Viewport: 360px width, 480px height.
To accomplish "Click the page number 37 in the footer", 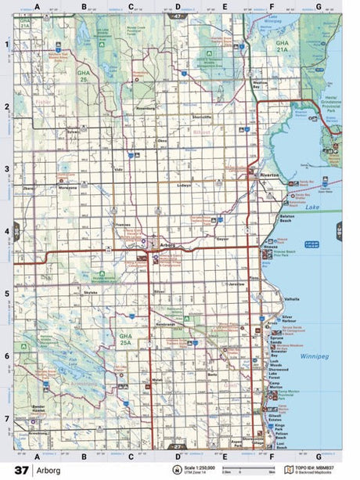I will pos(20,470).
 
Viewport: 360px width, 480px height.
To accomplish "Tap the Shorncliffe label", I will pos(201,117).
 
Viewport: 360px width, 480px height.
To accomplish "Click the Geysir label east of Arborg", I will pos(221,240).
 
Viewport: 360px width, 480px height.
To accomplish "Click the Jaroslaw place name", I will pos(236,283).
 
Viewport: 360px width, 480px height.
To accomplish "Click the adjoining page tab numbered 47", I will pos(179,16).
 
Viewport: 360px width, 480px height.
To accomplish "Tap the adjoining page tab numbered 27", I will pos(179,447).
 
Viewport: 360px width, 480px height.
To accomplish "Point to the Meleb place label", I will pos(156,379).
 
